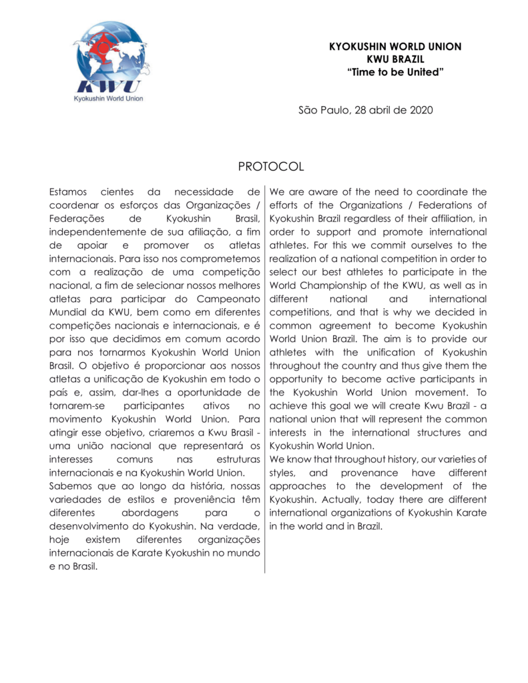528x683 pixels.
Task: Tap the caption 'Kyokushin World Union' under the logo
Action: (x=109, y=97)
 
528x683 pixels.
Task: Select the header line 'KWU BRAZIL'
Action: (x=395, y=58)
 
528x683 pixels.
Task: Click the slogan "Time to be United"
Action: (x=395, y=70)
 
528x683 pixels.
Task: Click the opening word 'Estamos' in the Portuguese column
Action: (x=71, y=192)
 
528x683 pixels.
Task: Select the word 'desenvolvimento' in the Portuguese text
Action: (x=90, y=526)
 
